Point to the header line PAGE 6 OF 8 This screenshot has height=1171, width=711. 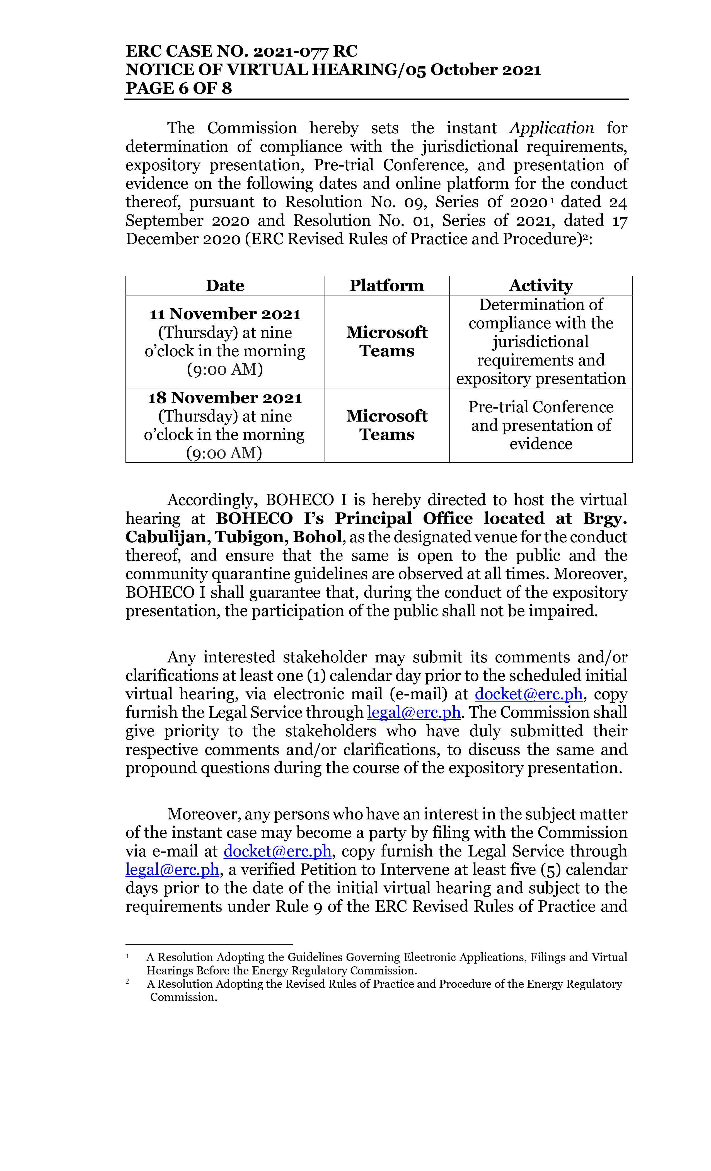(x=179, y=88)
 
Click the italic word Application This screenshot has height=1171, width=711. (x=551, y=128)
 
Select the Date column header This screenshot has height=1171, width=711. (x=225, y=286)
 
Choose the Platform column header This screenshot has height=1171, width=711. (x=386, y=286)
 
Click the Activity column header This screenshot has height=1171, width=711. (x=541, y=286)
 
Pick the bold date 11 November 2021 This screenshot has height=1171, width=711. (x=225, y=314)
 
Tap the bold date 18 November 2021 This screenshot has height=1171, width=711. (x=225, y=398)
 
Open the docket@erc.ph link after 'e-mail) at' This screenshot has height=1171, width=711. (x=528, y=694)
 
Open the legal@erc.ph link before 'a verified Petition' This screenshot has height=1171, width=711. (x=172, y=870)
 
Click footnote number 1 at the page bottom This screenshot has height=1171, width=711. (x=127, y=957)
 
